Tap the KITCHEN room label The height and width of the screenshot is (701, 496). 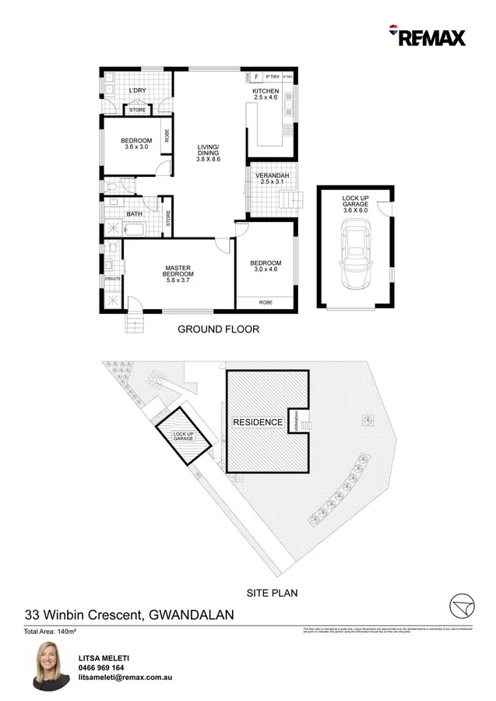point(265,91)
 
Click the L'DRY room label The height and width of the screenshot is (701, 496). point(137,91)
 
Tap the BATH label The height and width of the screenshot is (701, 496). point(135,214)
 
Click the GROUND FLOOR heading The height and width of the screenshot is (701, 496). point(219,329)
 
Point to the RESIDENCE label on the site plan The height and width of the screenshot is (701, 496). point(258,422)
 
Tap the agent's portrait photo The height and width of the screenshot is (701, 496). point(48,667)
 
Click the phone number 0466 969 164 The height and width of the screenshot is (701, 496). point(101,668)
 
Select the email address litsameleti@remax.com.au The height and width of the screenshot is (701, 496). point(125,678)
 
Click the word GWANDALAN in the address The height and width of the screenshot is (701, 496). point(190,615)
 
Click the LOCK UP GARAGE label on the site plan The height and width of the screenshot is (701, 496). point(184,437)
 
